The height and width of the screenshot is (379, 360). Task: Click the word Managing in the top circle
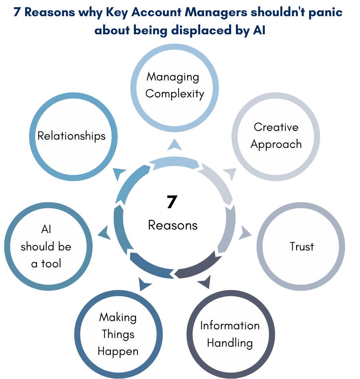coord(173,77)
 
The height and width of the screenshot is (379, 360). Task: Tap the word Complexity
coord(174,94)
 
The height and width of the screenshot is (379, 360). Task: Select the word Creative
coord(276,127)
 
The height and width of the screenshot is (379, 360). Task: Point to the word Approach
coord(276,144)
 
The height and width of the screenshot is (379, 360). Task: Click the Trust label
coord(302,246)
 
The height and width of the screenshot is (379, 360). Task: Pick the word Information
coord(230,325)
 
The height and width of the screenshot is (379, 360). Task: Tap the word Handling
coord(230,342)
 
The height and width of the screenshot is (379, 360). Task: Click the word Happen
coord(118,351)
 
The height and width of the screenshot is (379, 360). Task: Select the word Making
coord(118,317)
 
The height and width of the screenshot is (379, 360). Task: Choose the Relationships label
coord(72,136)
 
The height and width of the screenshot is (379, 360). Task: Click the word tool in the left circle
coord(52,263)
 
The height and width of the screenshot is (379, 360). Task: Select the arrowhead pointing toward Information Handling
coord(204,282)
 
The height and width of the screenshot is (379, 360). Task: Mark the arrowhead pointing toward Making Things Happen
coord(144,284)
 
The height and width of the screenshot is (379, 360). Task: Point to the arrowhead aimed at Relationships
coord(119,173)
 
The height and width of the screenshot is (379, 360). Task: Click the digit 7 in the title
coord(17,12)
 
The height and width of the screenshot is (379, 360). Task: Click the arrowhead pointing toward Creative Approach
coord(230,173)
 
